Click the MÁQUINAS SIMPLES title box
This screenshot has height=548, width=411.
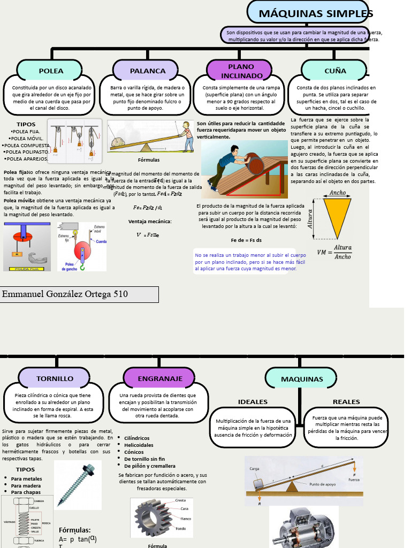(310, 13)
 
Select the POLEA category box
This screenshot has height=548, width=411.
(51, 71)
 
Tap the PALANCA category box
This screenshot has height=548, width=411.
(148, 71)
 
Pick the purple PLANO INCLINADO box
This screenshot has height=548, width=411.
(241, 71)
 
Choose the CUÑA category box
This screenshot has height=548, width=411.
(335, 71)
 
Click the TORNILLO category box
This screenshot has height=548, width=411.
(55, 378)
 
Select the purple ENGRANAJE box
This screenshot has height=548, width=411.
(160, 378)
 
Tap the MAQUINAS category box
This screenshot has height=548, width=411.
(302, 379)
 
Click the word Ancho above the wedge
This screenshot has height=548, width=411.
(338, 193)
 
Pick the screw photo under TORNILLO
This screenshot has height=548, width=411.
(78, 484)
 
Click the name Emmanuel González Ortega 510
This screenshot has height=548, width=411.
(65, 294)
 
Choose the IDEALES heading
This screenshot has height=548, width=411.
(253, 402)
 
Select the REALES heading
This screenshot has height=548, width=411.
(346, 402)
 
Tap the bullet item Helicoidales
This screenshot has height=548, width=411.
(139, 445)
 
